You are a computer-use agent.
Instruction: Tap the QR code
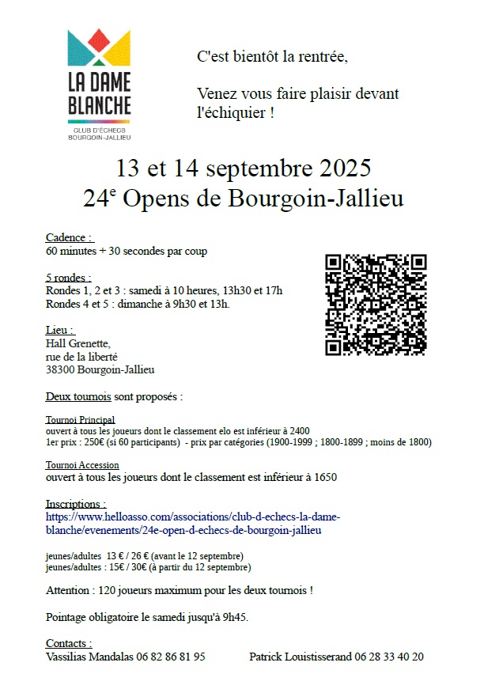tap(376, 305)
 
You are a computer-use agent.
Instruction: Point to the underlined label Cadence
tap(69, 237)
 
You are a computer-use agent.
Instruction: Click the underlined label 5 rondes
tap(68, 278)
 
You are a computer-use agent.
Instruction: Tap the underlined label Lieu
tap(60, 330)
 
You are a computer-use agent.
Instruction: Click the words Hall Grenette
tap(78, 343)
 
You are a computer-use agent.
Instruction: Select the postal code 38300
tap(61, 369)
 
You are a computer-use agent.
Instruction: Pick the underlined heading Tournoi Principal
tap(80, 419)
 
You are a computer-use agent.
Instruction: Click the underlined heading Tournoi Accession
tap(82, 465)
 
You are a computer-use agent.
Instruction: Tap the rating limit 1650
tap(323, 477)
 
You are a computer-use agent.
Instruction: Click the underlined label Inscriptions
tap(75, 504)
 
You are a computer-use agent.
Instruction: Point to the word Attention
tap(67, 590)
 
